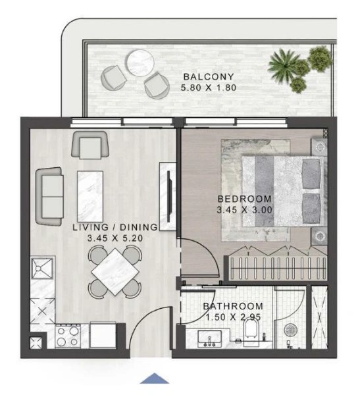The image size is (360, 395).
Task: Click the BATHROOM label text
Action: point(233,306)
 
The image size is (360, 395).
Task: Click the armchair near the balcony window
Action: point(90,144)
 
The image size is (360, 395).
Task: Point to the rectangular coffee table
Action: point(90,190)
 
